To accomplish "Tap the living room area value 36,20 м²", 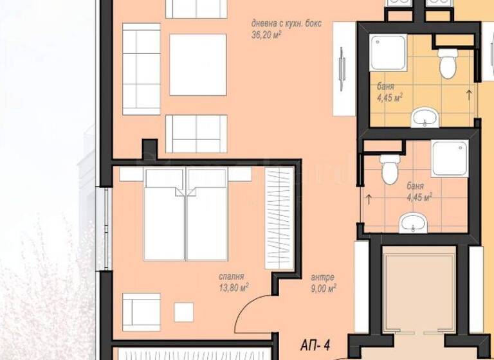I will [x=269, y=36].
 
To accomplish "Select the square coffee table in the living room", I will [x=197, y=64].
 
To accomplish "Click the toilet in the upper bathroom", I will [x=446, y=63].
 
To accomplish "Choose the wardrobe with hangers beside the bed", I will [x=279, y=217].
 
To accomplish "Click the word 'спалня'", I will [x=230, y=277].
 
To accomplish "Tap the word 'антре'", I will [x=322, y=277].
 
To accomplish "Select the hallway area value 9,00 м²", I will [x=322, y=289].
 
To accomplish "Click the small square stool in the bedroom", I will [x=184, y=312].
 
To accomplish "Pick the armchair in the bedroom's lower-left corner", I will [x=141, y=312].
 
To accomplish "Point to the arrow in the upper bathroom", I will [x=468, y=95].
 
